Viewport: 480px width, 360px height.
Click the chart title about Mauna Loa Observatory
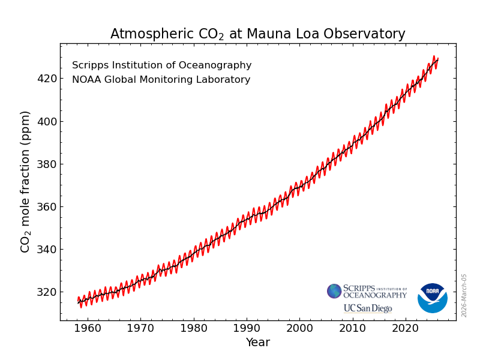click(x=257, y=34)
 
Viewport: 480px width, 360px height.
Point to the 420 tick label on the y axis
click(x=47, y=79)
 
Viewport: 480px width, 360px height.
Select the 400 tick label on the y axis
click(x=47, y=121)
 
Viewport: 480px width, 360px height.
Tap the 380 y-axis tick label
click(x=47, y=164)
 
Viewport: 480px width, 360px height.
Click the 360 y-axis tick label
click(x=47, y=206)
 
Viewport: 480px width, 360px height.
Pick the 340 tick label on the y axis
click(x=47, y=249)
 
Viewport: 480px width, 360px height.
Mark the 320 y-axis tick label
click(x=47, y=292)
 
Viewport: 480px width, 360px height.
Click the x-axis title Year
click(x=257, y=343)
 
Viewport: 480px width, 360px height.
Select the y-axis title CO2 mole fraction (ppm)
click(x=26, y=181)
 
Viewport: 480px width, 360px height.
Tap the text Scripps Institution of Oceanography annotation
click(x=161, y=65)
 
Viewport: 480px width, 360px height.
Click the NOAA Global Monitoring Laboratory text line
click(x=161, y=80)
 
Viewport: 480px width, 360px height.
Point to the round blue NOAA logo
click(x=432, y=298)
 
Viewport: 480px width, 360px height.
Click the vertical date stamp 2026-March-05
click(x=464, y=295)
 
